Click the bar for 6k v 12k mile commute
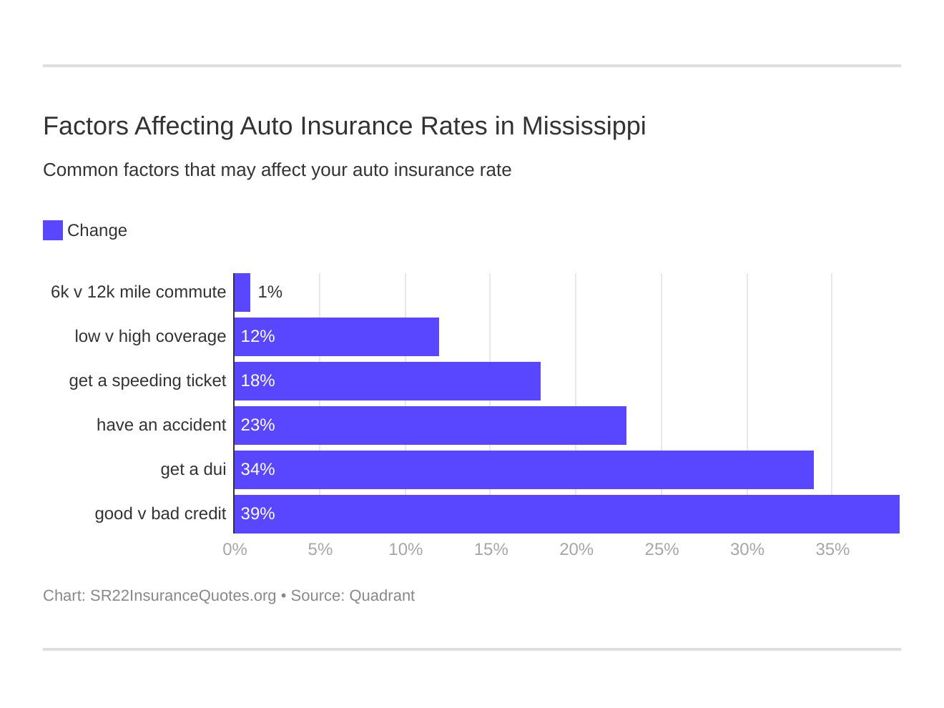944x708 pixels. click(x=242, y=292)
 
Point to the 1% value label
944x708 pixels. click(x=270, y=292)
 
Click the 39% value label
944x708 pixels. click(x=257, y=514)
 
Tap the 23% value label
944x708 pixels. click(x=257, y=426)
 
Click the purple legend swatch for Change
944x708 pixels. click(x=53, y=230)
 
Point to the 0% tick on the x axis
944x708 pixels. click(x=235, y=549)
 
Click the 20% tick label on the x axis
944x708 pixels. click(x=576, y=549)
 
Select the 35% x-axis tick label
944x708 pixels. click(x=832, y=549)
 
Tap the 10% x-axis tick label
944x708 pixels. click(x=405, y=549)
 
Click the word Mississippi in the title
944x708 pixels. click(x=584, y=127)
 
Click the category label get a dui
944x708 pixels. click(x=193, y=470)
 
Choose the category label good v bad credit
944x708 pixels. click(x=160, y=514)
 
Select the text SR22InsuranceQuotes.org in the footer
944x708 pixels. click(x=183, y=596)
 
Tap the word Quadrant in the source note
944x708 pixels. click(x=382, y=596)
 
